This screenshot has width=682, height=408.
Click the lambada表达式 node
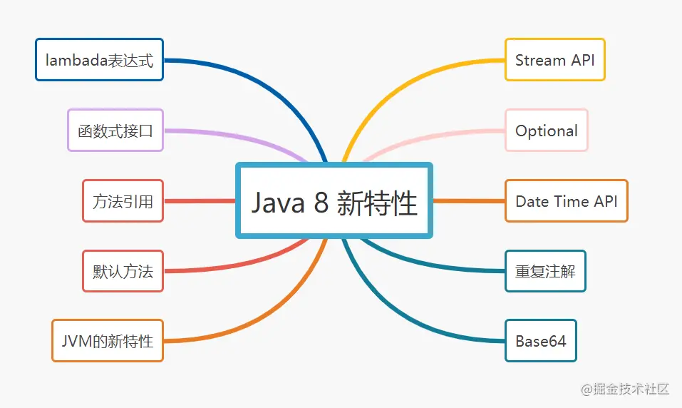pos(99,60)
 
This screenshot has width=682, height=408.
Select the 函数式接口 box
pos(115,130)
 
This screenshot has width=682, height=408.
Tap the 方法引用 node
pos(123,201)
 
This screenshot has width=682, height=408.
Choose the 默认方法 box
pos(123,271)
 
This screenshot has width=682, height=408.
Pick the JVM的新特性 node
pos(108,340)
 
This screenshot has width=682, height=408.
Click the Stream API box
pos(554,60)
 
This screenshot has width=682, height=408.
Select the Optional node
pos(546,130)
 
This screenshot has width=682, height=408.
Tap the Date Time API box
pos(566,201)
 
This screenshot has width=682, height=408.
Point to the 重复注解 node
pos(545,271)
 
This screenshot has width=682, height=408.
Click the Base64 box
pos(540,340)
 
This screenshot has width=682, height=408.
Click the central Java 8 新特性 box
pos(334,201)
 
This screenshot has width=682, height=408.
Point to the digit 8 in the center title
pos(321,203)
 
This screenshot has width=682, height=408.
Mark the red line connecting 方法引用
pos(200,201)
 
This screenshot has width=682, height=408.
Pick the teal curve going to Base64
pos(413,325)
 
